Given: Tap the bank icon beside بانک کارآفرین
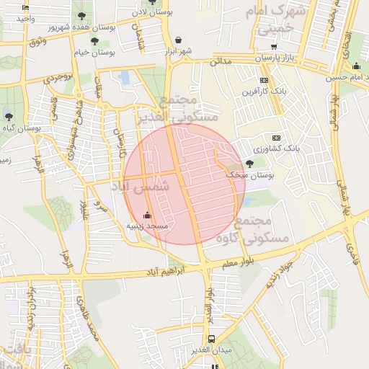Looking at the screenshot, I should tap(264, 80).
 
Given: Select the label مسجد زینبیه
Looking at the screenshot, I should tap(147, 226).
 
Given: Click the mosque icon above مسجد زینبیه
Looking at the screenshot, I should tap(148, 215).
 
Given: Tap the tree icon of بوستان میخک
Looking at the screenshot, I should tap(249, 164).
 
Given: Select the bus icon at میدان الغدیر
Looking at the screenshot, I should tap(211, 339).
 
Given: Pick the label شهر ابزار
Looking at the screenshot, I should tap(178, 50).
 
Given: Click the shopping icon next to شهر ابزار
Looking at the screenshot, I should tap(178, 40).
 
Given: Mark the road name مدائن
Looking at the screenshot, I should tap(221, 62).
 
